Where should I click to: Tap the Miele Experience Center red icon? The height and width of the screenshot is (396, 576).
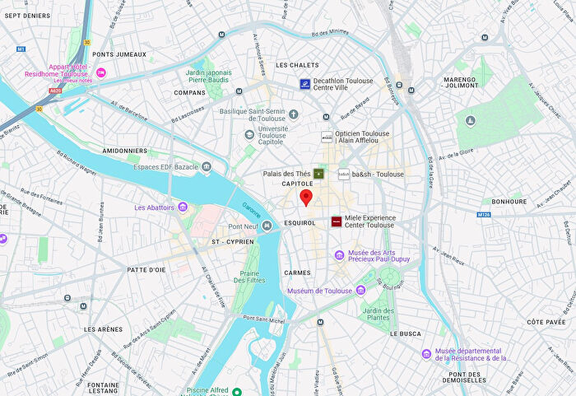(336, 221)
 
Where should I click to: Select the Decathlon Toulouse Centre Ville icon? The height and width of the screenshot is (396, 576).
(304, 84)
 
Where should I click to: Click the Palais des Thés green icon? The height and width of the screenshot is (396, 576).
(318, 174)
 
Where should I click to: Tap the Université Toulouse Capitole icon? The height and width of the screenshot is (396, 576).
(249, 134)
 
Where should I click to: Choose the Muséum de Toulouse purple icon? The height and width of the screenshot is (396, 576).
(360, 291)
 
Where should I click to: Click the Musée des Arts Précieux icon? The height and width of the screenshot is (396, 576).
(339, 255)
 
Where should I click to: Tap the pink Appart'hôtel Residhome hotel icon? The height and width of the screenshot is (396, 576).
(101, 73)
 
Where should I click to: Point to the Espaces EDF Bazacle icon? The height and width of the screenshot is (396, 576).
(206, 167)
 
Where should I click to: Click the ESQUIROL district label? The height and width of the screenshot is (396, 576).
(299, 223)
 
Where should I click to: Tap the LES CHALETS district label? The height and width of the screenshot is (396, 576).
(297, 65)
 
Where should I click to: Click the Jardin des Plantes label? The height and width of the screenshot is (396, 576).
(378, 314)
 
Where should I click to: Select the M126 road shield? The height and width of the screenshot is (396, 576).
(484, 215)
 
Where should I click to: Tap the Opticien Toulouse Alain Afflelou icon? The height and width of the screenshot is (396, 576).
(327, 137)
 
